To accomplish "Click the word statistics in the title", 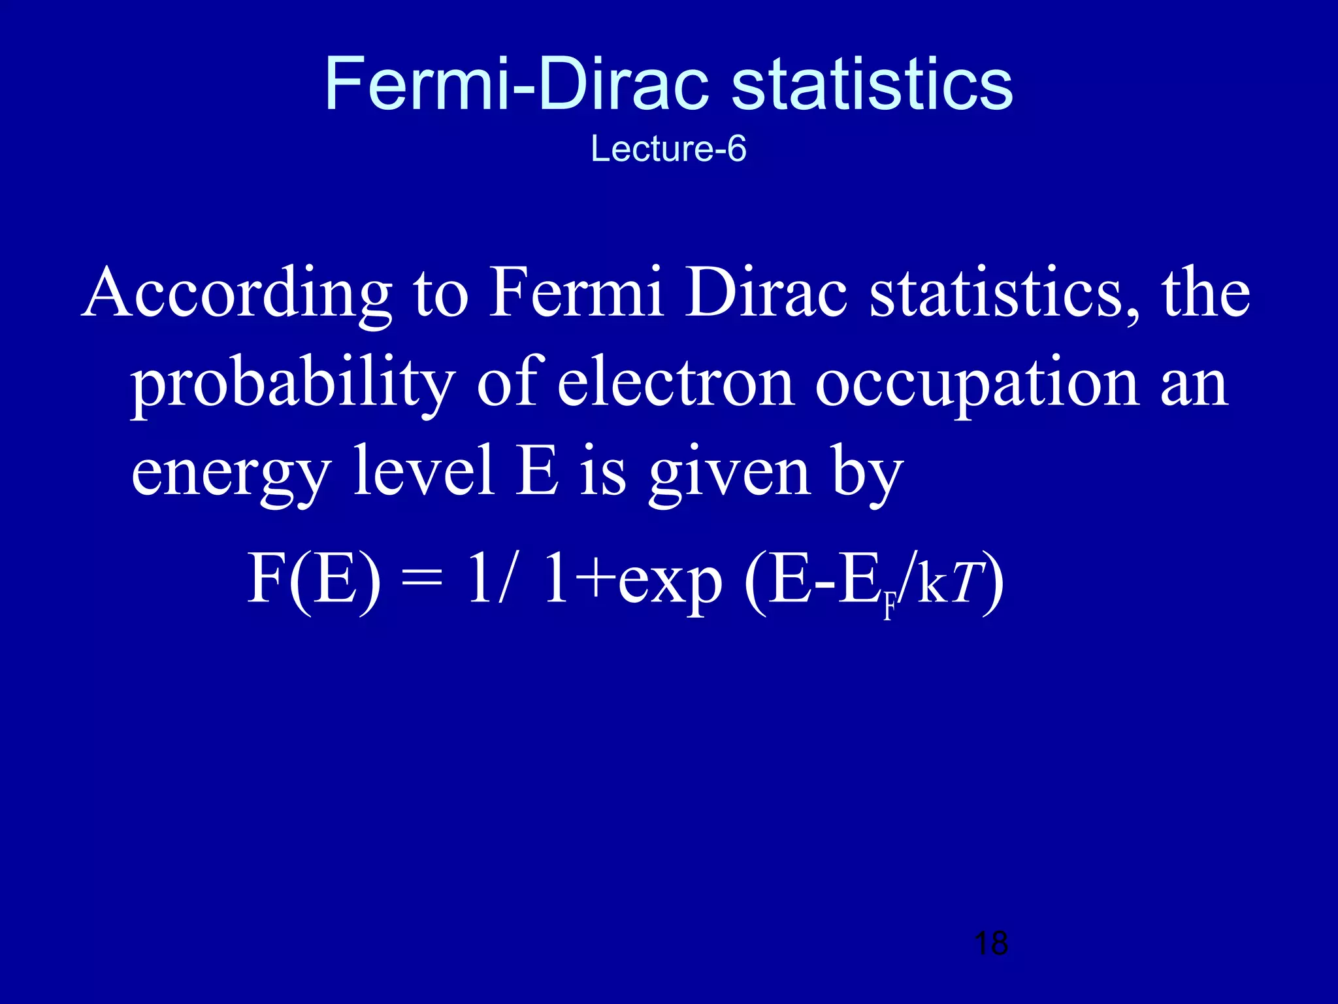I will pyautogui.click(x=872, y=85).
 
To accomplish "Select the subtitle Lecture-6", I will pyautogui.click(x=668, y=148).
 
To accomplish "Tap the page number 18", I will pyautogui.click(x=990, y=943).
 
